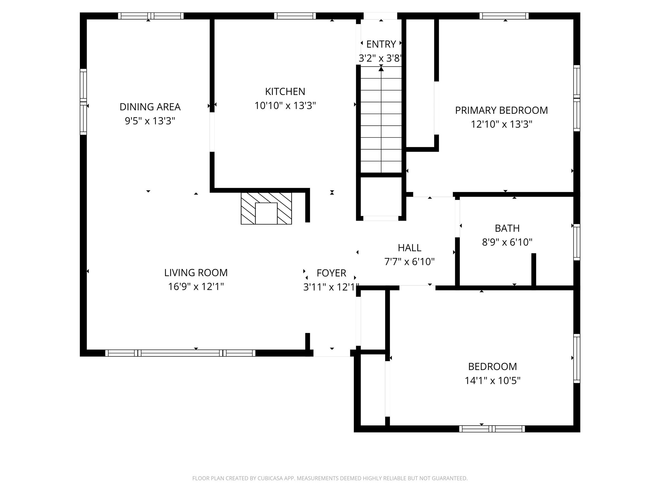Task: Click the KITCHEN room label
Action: [x=285, y=92]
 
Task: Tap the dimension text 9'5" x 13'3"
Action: [x=150, y=121]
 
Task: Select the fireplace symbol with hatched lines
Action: [x=266, y=209]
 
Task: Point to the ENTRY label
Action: [x=381, y=44]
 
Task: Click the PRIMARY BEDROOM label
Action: [x=501, y=110]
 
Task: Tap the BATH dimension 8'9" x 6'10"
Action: [x=507, y=242]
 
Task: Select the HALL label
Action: [x=409, y=247]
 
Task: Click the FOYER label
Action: [x=331, y=273]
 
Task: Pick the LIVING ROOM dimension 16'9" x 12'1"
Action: [x=196, y=286]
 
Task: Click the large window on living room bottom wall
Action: [x=180, y=353]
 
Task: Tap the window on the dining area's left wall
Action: [x=83, y=102]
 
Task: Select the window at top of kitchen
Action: [x=295, y=16]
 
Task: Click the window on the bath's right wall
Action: [x=577, y=242]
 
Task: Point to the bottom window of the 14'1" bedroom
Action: [x=492, y=429]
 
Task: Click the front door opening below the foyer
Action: [x=332, y=353]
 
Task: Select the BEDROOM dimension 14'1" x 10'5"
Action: [x=492, y=381]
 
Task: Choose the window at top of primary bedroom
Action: [x=504, y=16]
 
